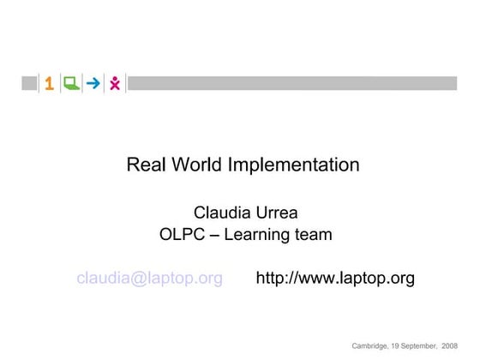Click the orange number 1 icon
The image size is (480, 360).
pyautogui.click(x=50, y=83)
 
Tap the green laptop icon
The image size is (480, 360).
pyautogui.click(x=71, y=83)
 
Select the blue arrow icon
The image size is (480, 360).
pyautogui.click(x=93, y=83)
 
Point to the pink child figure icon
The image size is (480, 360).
pyautogui.click(x=115, y=83)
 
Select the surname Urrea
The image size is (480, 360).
pyautogui.click(x=279, y=213)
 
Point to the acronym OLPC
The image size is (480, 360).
pyautogui.click(x=182, y=234)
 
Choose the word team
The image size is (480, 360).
pyautogui.click(x=313, y=234)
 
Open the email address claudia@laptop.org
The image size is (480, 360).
pyautogui.click(x=150, y=279)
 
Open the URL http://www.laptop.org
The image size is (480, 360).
pyautogui.click(x=335, y=279)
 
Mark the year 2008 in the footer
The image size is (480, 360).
pyautogui.click(x=450, y=345)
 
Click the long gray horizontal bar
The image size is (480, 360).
pyautogui.click(x=292, y=83)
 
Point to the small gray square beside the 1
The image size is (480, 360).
pyautogui.click(x=30, y=83)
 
